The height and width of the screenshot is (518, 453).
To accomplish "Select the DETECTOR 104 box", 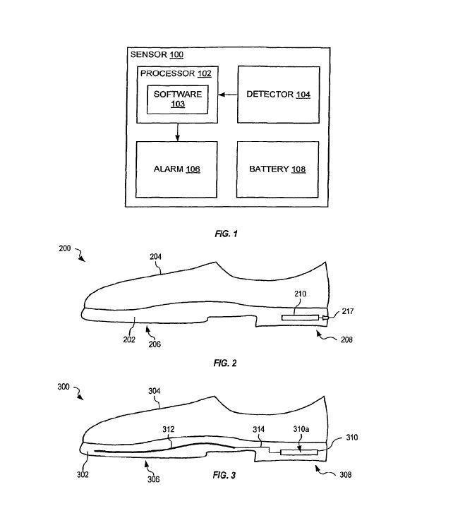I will [x=278, y=95].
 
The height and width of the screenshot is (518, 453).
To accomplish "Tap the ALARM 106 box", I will [x=176, y=169].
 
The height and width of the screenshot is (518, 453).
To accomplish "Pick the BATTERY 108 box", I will [x=277, y=169].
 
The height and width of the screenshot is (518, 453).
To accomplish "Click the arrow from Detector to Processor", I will [x=226, y=95].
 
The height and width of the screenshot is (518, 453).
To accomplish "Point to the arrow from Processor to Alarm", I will [x=176, y=132].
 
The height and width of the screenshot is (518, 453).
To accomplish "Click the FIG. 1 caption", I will [x=226, y=233].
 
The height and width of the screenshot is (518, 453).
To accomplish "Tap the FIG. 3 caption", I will [x=224, y=475].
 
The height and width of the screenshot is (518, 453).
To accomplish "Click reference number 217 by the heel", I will [x=349, y=311].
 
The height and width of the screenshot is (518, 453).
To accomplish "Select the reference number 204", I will [x=155, y=258].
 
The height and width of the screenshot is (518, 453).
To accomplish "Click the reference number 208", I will [x=346, y=339].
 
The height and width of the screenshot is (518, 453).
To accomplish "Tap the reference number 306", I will [x=154, y=479].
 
